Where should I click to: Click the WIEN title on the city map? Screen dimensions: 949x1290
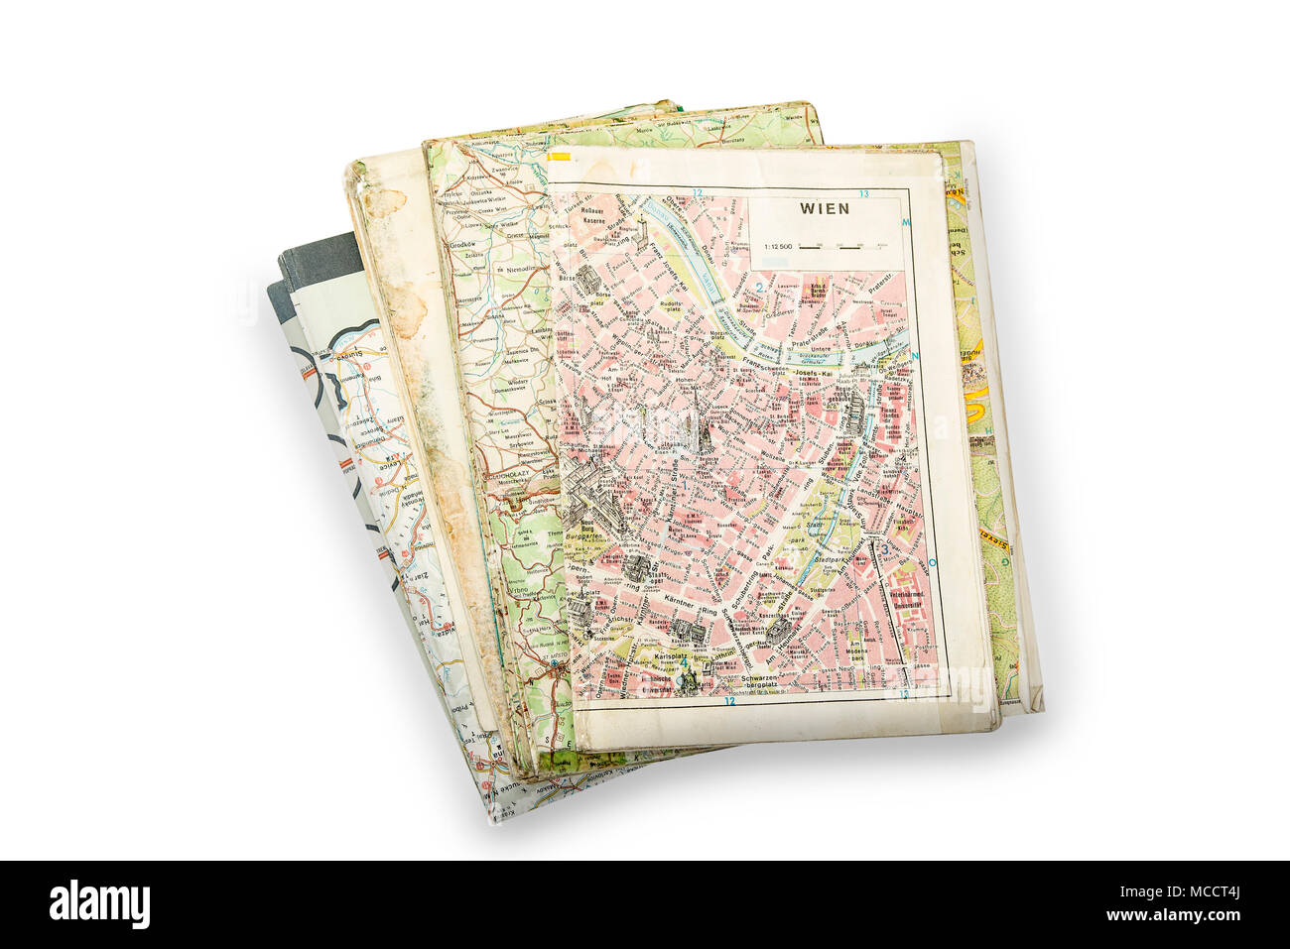click(825, 208)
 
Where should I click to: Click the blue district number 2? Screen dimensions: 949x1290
click(759, 289)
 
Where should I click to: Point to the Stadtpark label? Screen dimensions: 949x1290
click(830, 560)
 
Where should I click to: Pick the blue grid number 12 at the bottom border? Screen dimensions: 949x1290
click(729, 701)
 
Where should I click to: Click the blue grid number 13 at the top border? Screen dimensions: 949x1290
click(864, 193)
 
